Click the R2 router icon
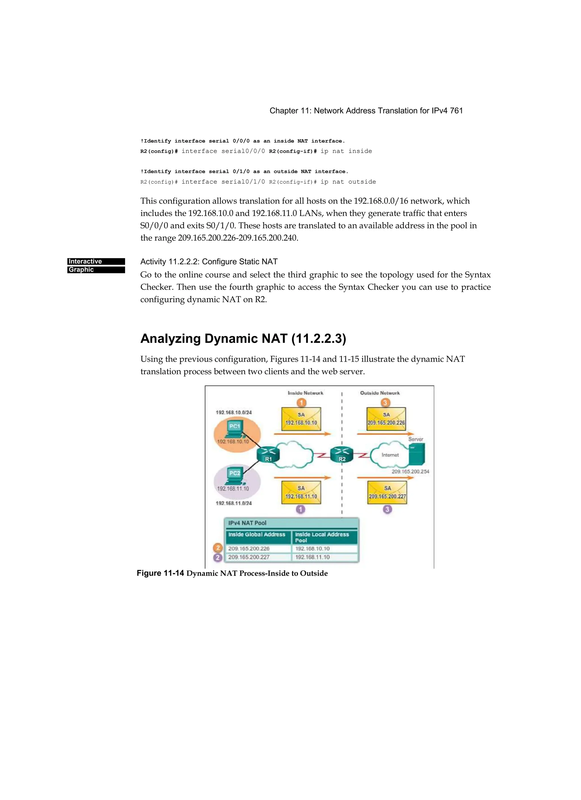point(342,454)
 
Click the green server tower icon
point(417,454)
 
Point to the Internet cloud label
point(390,455)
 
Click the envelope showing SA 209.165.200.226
point(386,419)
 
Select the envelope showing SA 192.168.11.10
point(301,493)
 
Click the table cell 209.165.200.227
point(249,557)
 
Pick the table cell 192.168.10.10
point(312,548)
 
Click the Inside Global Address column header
point(257,534)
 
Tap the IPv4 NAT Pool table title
point(247,523)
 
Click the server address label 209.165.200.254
point(411,472)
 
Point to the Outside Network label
point(380,393)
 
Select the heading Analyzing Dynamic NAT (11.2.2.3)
point(243,339)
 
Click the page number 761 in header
point(456,111)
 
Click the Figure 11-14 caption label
point(160,573)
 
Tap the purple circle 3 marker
point(387,509)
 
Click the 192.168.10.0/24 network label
point(234,412)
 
